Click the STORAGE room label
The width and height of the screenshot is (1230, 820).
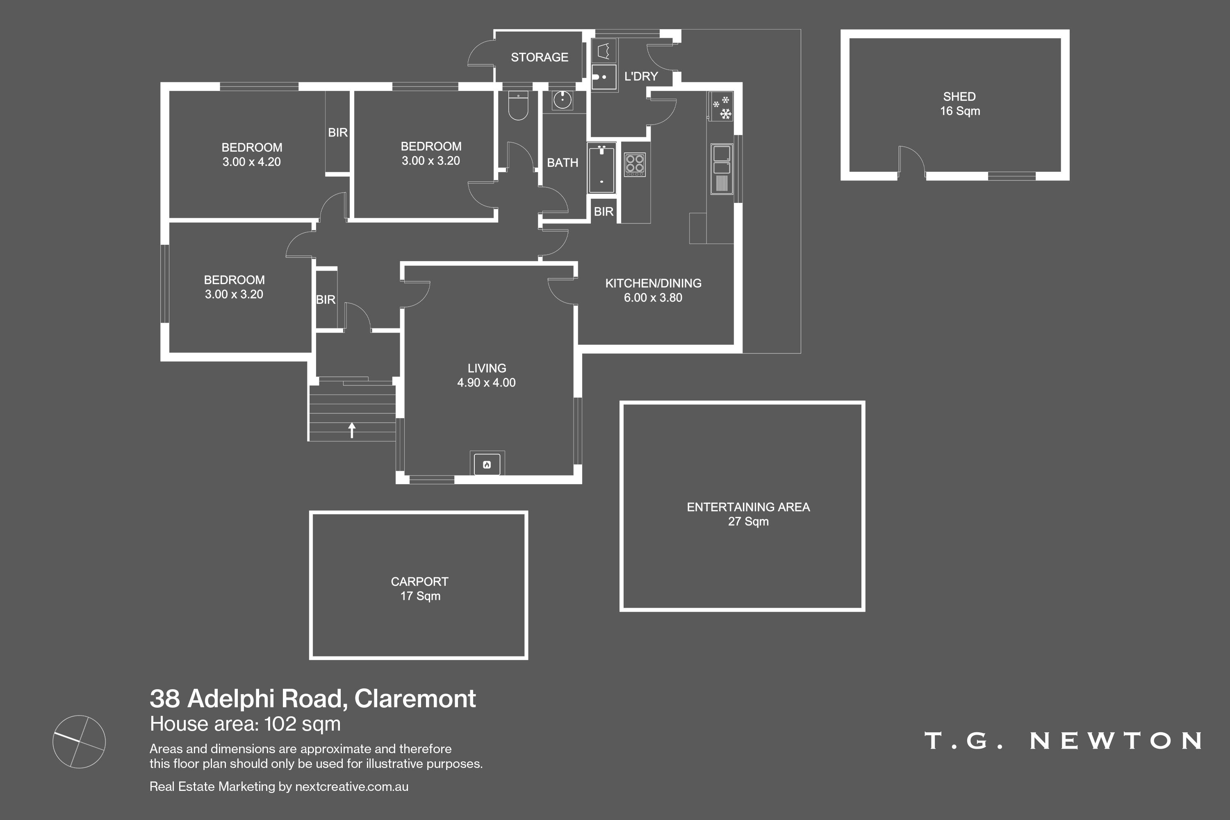(539, 57)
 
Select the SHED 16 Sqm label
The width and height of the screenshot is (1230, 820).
(960, 104)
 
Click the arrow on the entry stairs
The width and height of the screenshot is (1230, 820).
(352, 430)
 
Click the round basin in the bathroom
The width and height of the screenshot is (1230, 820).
(563, 99)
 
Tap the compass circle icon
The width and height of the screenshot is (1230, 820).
(79, 742)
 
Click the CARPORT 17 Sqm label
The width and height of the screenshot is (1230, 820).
(419, 588)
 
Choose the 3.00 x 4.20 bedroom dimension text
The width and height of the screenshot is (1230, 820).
(252, 162)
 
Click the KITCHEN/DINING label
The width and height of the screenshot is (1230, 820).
(653, 283)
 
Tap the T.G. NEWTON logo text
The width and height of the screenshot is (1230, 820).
(1063, 740)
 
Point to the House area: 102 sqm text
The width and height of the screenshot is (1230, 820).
(245, 724)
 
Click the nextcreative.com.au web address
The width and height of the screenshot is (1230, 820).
(351, 786)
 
